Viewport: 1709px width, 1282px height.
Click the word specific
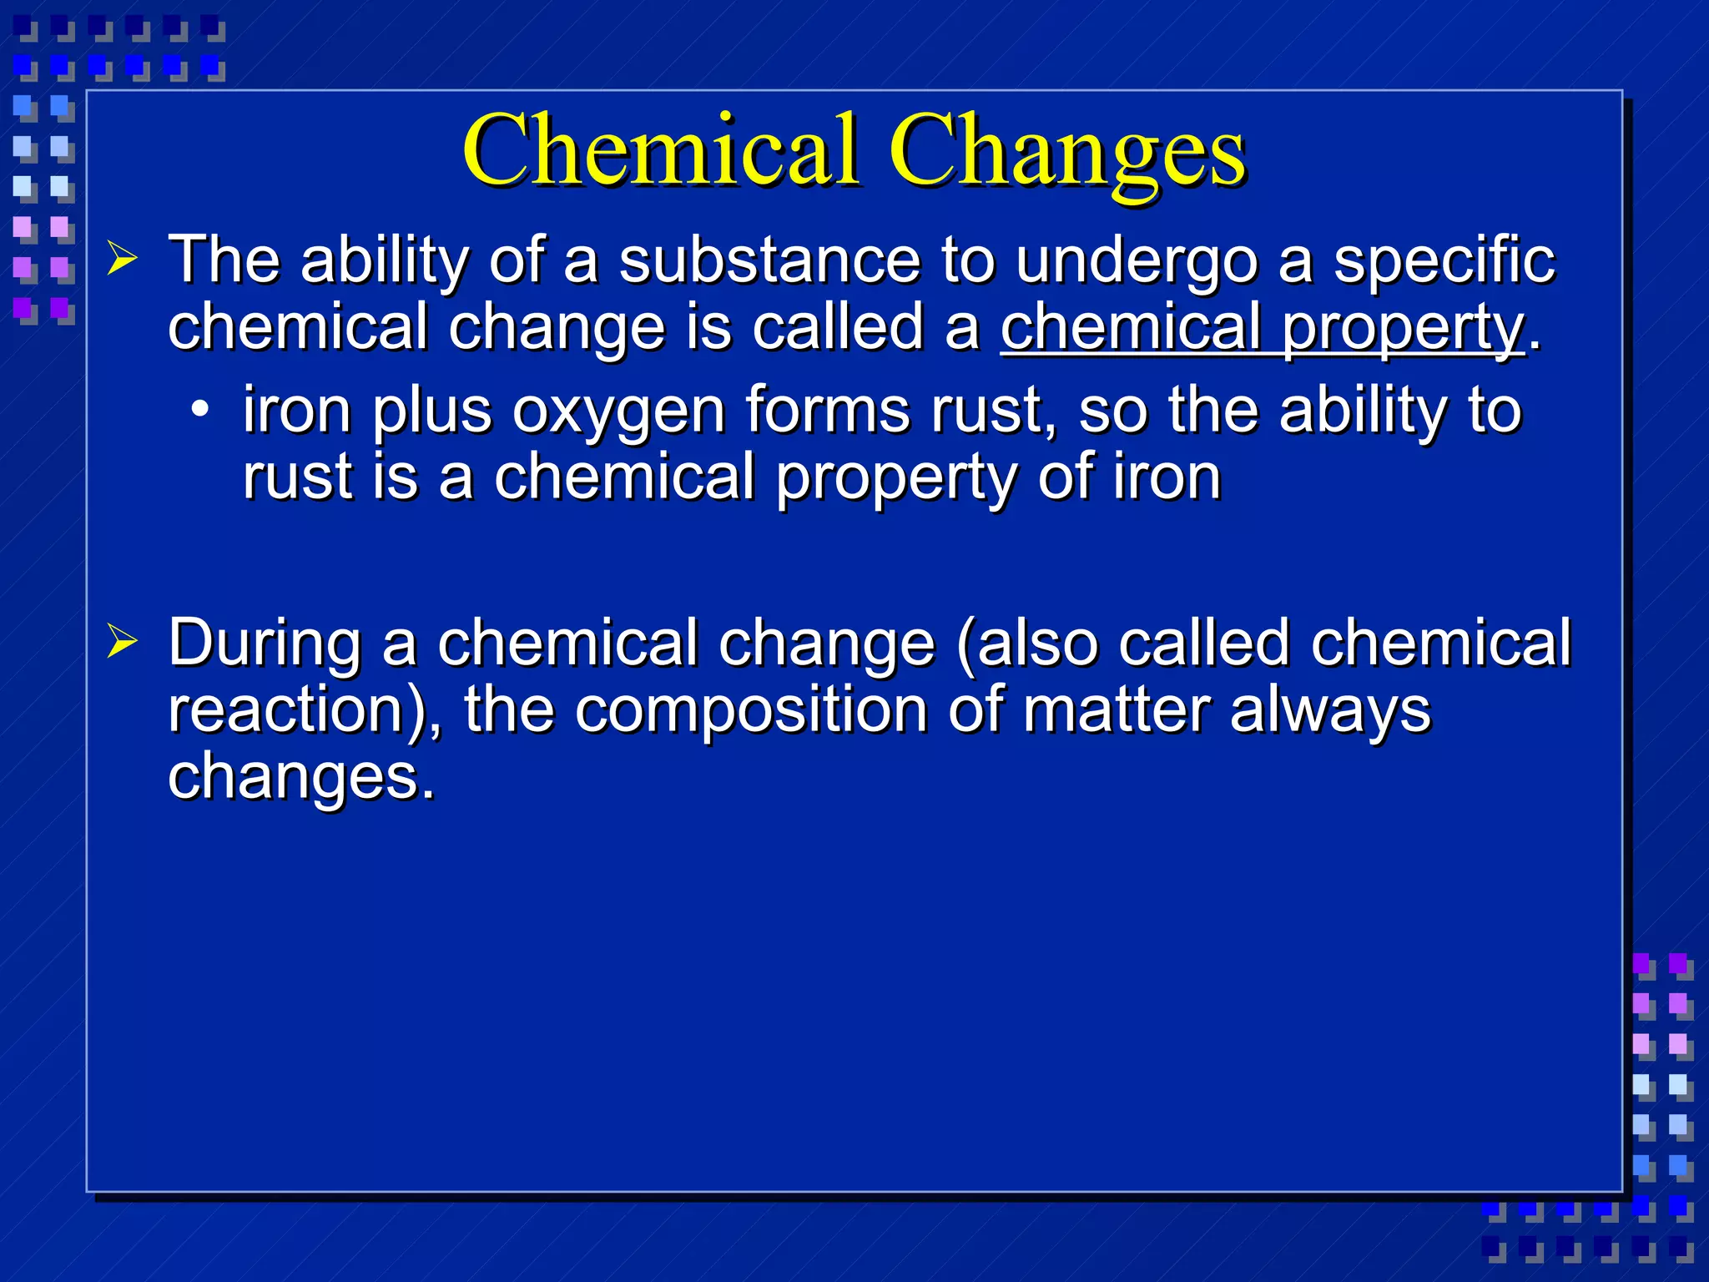1444,261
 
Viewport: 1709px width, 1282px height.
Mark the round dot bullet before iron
199,410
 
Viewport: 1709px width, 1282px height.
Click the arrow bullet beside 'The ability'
122,260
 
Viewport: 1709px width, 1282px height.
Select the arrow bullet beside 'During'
122,642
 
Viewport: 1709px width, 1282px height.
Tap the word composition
751,712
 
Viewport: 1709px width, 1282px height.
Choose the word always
1330,712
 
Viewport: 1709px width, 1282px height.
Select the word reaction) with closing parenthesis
304,710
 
